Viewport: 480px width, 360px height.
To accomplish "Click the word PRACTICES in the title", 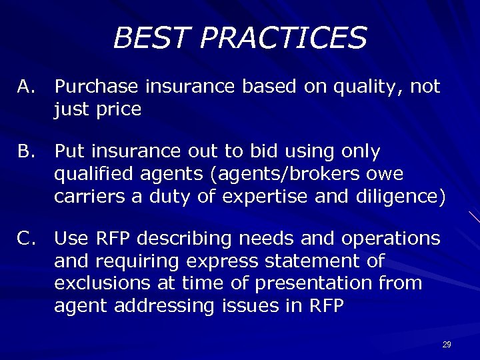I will pyautogui.click(x=285, y=38).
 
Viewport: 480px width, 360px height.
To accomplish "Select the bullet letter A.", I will pyautogui.click(x=26, y=87).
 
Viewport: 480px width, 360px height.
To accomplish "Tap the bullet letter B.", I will pyautogui.click(x=26, y=152).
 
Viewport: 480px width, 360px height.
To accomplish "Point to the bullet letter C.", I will pyautogui.click(x=26, y=239).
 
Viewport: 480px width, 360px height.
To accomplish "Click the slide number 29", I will pyautogui.click(x=447, y=345).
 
